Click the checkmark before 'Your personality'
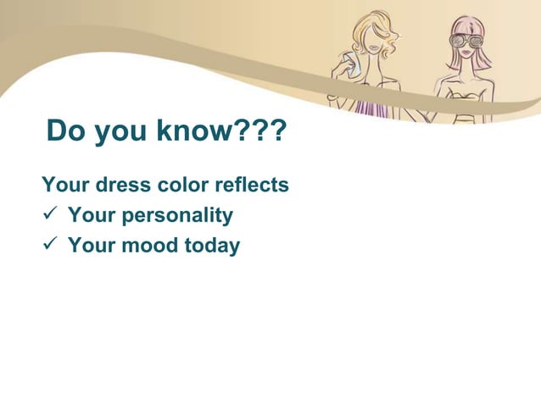tap(50, 216)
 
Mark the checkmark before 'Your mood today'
tap(50, 247)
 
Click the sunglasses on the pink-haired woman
tap(466, 40)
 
